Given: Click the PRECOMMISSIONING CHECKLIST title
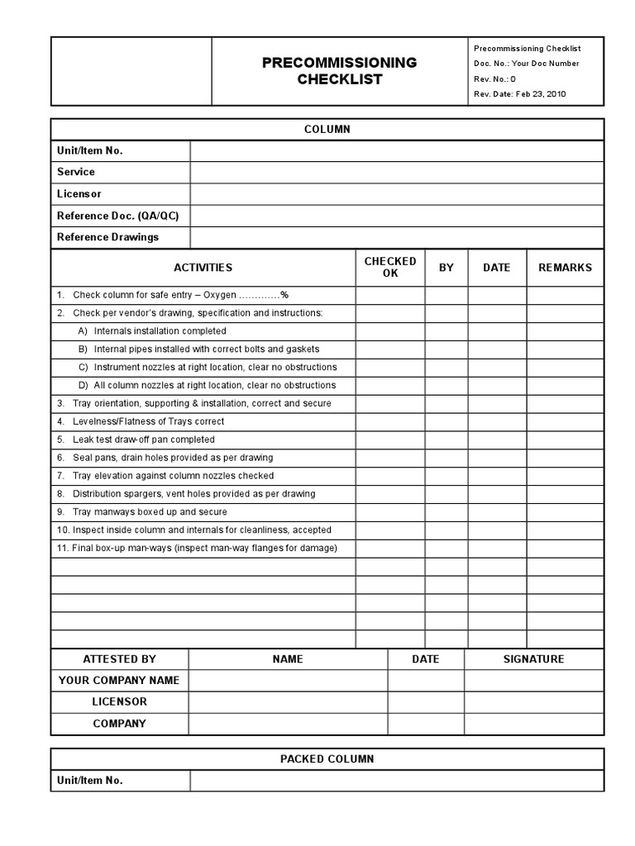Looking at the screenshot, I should coord(339,71).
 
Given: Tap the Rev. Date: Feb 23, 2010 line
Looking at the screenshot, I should coord(519,94).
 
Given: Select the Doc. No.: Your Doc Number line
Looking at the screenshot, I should coord(526,64).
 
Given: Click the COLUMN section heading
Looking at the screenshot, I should coord(327,130).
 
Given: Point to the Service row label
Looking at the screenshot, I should coord(76,172).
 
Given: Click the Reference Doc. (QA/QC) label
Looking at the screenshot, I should coord(117,216).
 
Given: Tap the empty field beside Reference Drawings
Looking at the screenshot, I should coord(397,237).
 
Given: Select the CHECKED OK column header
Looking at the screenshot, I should coord(390,267).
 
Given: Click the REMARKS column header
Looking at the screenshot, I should coord(565,268).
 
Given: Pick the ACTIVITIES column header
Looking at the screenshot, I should coord(203,268).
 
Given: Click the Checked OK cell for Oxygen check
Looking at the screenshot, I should coord(390,295).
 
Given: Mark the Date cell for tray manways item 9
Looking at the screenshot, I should coord(497,512).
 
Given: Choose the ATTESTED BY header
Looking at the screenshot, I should coord(119,659).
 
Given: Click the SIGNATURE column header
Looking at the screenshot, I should coord(533,659).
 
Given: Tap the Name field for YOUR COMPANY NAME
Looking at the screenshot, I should coord(288,681).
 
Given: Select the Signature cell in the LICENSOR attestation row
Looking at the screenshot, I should coord(533,702).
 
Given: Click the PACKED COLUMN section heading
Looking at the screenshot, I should coord(327,759).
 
